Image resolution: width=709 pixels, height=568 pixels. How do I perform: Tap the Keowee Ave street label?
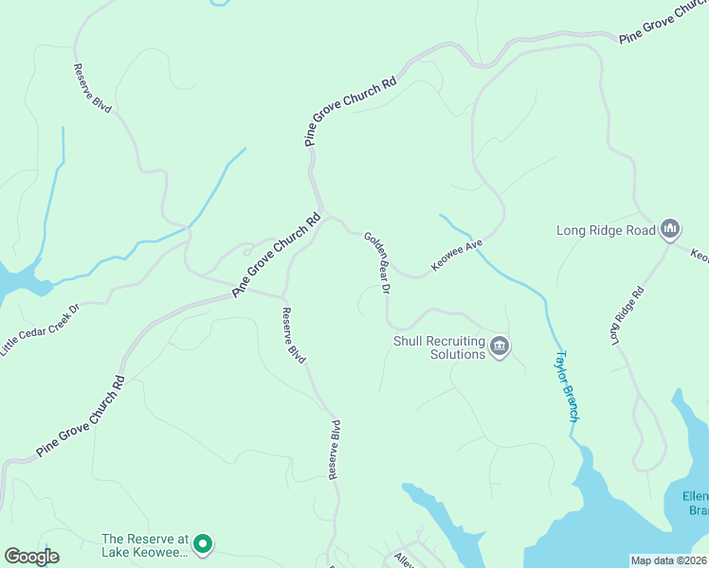point(458,256)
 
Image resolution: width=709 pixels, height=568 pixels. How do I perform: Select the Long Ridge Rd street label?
point(627,314)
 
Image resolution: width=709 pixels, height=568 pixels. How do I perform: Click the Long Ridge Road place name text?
point(606,229)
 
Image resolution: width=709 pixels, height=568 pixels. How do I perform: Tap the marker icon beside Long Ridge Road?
point(670,228)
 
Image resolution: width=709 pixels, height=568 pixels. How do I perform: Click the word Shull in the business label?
point(409,341)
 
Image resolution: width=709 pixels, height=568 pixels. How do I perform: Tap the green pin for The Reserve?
point(202,544)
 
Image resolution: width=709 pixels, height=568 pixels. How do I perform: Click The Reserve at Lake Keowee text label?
point(146,545)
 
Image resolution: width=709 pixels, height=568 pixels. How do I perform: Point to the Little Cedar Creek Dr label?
point(40,329)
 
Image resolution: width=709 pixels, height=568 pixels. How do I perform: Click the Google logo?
point(31,557)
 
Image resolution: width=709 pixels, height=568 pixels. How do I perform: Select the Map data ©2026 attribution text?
point(668,560)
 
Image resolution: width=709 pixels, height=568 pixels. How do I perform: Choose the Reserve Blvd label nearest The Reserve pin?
point(334,450)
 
